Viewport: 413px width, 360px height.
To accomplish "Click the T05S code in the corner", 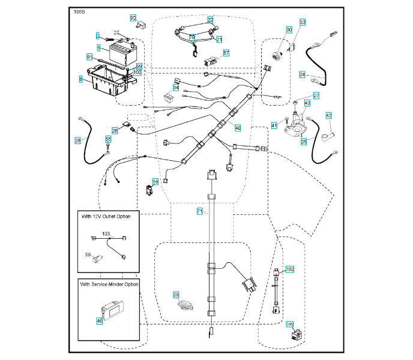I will coord(79,11).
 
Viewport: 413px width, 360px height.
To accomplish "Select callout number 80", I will coord(133,18).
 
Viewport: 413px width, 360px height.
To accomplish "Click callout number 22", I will coord(210,19).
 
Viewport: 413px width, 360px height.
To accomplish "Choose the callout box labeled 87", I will coord(226,53).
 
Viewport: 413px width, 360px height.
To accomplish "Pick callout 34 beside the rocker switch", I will coord(176,88).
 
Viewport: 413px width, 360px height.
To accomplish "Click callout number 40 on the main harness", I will coord(238,127).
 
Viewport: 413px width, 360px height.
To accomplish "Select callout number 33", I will coord(303,22).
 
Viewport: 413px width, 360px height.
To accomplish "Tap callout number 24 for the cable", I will coord(303,74).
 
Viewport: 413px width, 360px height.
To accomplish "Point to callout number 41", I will coord(274,125).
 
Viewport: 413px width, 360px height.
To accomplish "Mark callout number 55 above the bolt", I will coord(109,139).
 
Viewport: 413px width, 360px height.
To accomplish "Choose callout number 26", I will coord(115,130).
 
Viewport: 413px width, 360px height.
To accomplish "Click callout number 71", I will coord(200,211).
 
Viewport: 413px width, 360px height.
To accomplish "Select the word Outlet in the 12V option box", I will coord(107,215).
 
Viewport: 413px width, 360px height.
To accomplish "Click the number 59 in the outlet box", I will coord(88,255).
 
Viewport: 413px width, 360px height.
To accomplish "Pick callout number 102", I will coord(290,269).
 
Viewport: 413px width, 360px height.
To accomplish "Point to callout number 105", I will coord(290,325).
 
